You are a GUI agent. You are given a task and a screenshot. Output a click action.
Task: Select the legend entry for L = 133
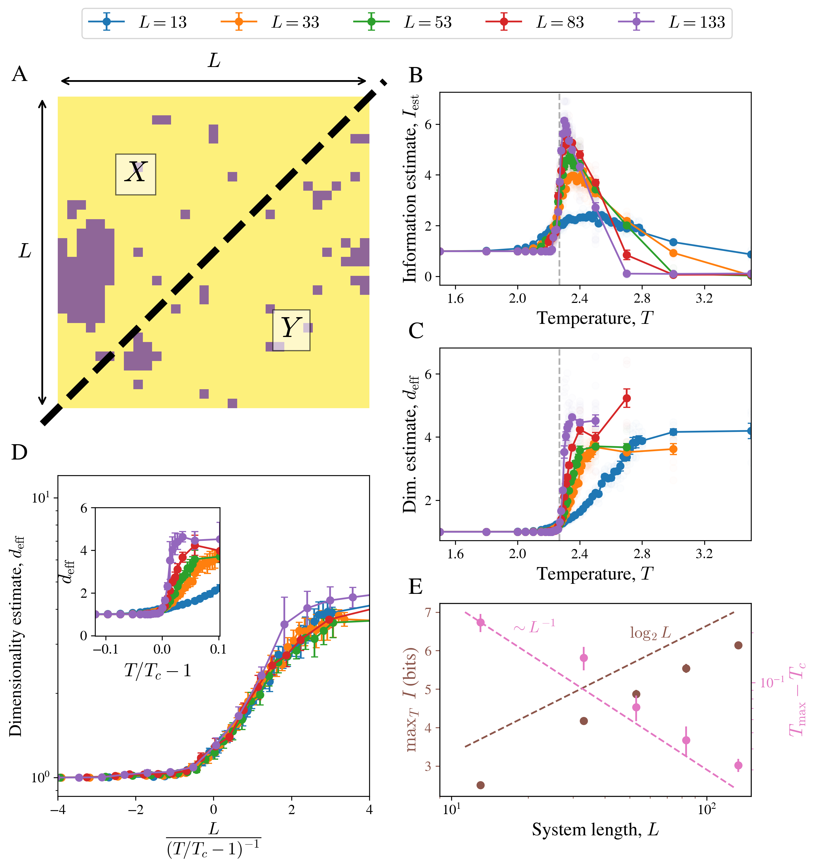point(672,22)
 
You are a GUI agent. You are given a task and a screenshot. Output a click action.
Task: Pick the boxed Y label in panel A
point(291,330)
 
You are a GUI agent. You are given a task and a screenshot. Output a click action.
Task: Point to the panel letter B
point(415,76)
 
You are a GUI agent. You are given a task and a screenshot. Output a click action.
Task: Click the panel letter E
point(415,586)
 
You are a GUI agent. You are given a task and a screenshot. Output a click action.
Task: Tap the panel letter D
point(20,453)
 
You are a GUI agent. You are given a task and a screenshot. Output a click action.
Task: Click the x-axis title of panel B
point(595,318)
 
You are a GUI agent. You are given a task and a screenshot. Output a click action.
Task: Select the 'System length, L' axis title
point(595,829)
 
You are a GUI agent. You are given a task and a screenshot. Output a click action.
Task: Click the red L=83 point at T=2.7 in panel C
point(626,398)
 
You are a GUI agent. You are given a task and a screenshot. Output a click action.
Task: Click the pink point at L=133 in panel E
point(738,765)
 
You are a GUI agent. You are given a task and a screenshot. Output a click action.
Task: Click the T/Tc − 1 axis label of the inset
point(157,670)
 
